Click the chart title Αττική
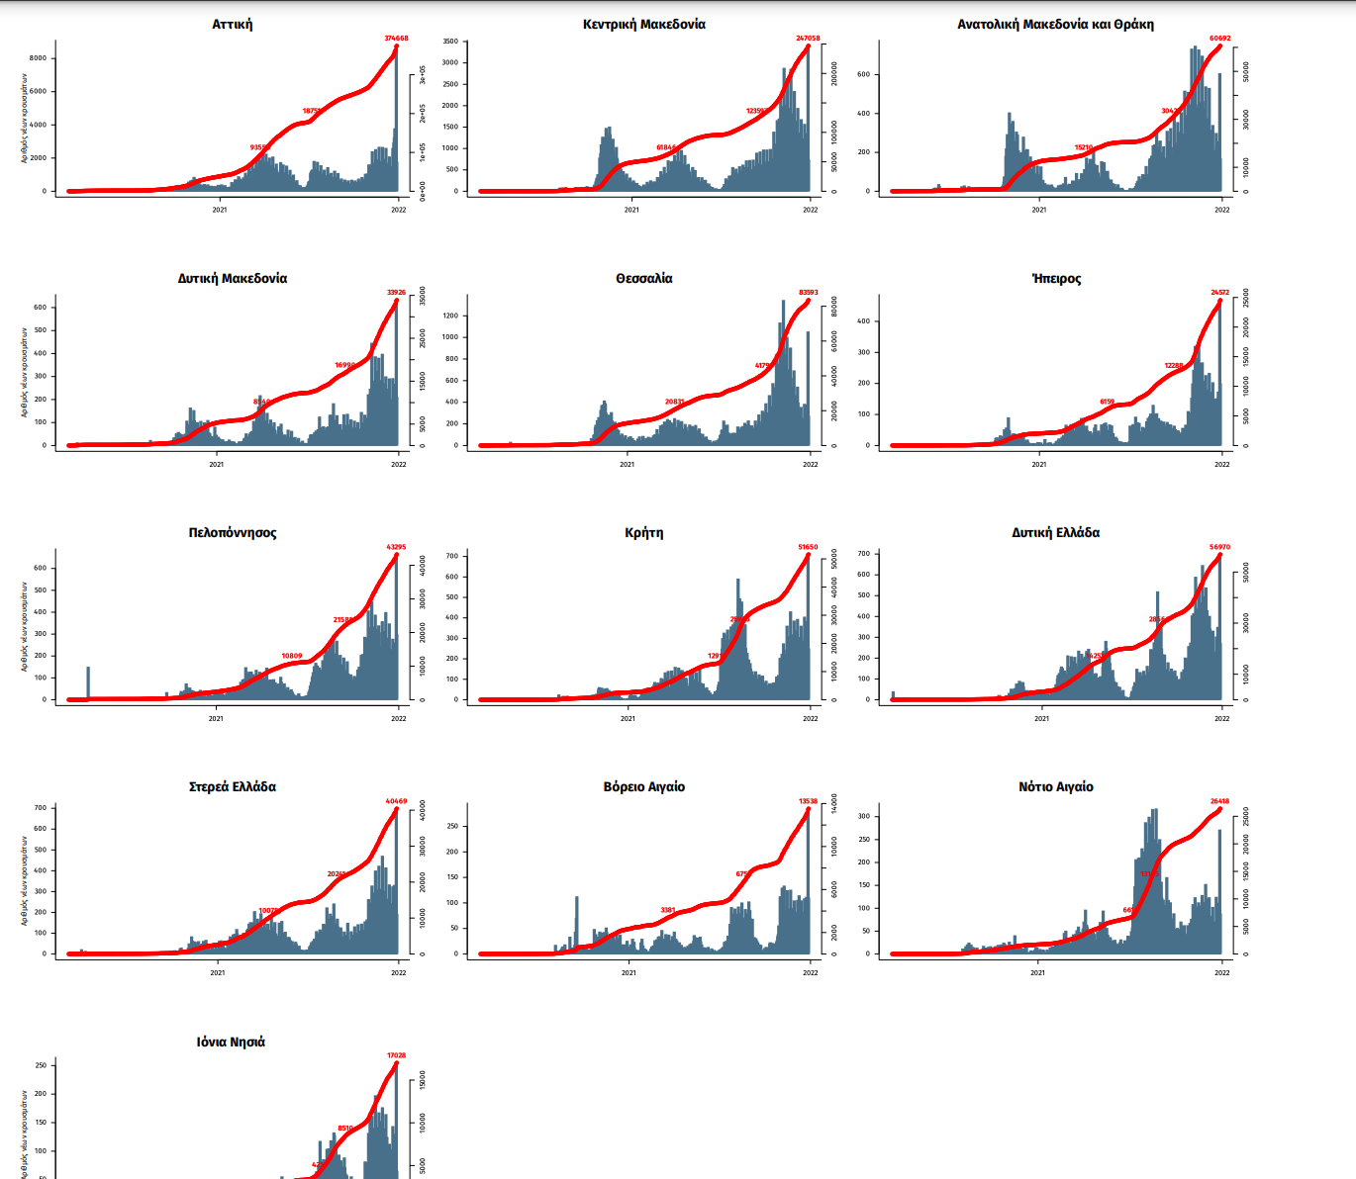[x=232, y=24]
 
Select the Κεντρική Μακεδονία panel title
[x=643, y=24]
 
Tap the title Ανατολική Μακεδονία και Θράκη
[x=1055, y=24]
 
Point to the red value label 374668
[x=396, y=39]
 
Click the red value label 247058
[x=808, y=39]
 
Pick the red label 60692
[x=1219, y=39]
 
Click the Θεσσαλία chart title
[x=643, y=278]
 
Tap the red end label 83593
[x=808, y=293]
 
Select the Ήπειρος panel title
[x=1055, y=278]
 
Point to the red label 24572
[x=1219, y=293]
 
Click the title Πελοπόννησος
[x=232, y=532]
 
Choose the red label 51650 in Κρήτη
[x=808, y=547]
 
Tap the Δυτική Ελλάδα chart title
[x=1055, y=532]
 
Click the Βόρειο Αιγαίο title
[x=643, y=786]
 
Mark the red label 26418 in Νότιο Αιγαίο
[x=1219, y=801]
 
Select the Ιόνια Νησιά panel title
[x=231, y=1042]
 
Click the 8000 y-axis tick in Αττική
[x=38, y=58]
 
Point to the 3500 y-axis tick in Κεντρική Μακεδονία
[x=450, y=42]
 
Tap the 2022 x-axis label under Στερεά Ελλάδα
[x=398, y=972]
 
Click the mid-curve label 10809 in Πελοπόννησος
[x=292, y=656]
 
